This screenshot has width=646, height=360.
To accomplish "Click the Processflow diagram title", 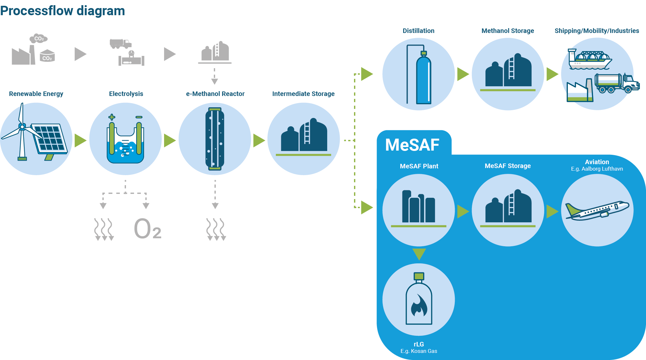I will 62,11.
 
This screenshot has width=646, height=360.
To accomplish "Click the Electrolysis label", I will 126,94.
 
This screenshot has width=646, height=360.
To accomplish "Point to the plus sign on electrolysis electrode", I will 112,117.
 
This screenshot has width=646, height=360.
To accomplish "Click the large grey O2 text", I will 147,228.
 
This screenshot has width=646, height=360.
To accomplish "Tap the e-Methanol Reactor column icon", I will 215,139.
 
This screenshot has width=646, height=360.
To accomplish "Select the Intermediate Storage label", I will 303,94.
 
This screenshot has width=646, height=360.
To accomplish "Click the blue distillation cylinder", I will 423,79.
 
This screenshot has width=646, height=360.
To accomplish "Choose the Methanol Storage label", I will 507,31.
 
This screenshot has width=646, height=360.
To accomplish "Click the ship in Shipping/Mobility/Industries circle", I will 589,60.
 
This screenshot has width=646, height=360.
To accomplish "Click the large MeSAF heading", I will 412,145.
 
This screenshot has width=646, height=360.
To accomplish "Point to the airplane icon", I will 597,210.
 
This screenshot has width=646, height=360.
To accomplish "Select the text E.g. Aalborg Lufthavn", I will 597,169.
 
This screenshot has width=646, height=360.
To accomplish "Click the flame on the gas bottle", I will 419,306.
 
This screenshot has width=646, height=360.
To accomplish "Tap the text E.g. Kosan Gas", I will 419,351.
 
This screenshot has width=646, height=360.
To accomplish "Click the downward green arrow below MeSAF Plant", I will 419,253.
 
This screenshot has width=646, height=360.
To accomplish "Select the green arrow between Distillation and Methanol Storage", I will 463,74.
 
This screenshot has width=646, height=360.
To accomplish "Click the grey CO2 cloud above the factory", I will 39,38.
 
